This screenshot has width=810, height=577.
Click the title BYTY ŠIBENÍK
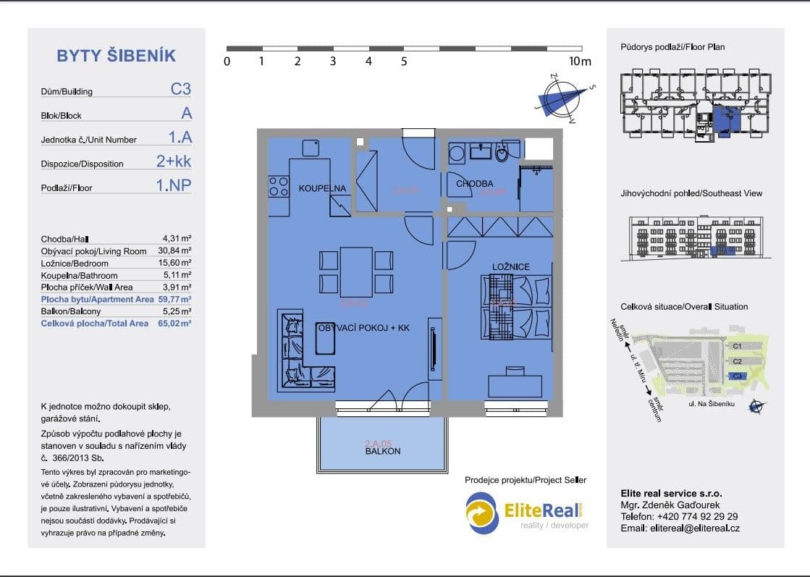(x=116, y=56)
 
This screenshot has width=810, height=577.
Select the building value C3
(x=180, y=90)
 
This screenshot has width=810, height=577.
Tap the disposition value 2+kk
(x=174, y=161)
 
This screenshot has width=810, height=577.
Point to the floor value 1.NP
(x=174, y=185)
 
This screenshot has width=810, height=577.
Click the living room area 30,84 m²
(x=177, y=250)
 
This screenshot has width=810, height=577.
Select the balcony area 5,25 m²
(x=177, y=311)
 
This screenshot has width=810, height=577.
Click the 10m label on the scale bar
(x=580, y=62)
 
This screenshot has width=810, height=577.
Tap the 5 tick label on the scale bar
(x=403, y=62)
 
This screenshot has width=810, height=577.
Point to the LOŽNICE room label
(x=511, y=267)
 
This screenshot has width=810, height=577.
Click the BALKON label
(x=382, y=451)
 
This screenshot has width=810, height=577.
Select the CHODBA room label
(x=474, y=184)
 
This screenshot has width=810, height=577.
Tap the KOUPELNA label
(x=322, y=188)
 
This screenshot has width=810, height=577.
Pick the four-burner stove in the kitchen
(x=278, y=186)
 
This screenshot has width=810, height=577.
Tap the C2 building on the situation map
(x=737, y=361)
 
